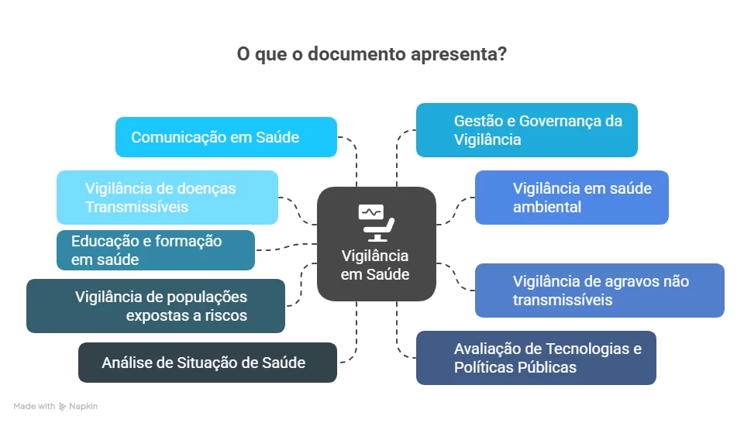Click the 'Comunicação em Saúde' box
226,137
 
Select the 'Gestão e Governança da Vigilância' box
526,130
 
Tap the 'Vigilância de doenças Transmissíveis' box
167,198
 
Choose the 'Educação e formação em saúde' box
155,250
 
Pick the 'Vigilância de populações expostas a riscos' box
155,306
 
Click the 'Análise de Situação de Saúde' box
207,363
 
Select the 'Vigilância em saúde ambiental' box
571,198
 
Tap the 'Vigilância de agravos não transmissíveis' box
599,291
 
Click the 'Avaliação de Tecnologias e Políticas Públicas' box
536,358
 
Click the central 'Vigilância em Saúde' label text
375,265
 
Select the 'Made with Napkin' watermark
55,406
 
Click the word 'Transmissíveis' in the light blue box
136,207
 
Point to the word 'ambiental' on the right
547,207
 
